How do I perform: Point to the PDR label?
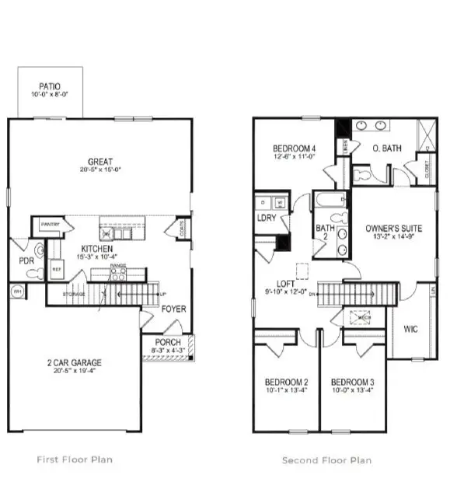(x=26, y=261)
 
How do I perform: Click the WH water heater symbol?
(x=16, y=292)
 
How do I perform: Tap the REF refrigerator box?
(x=56, y=268)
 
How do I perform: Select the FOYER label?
(x=173, y=309)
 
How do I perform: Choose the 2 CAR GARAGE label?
(x=75, y=362)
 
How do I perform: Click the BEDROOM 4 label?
(x=294, y=149)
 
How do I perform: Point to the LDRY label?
(x=267, y=218)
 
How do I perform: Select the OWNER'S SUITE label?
(x=393, y=229)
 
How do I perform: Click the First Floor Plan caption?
(x=75, y=459)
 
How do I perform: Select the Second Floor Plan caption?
(x=326, y=460)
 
